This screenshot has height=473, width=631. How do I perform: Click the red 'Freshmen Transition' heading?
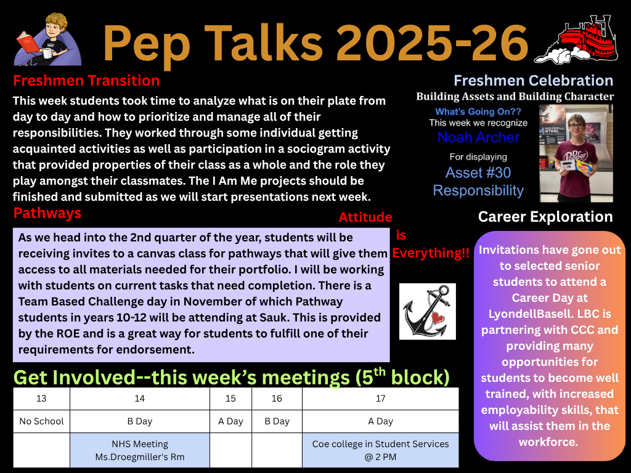pyautogui.click(x=86, y=81)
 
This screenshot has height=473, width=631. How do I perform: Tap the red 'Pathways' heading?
pyautogui.click(x=47, y=213)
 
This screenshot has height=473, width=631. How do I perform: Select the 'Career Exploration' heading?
pyautogui.click(x=545, y=217)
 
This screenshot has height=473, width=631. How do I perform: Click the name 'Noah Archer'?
pyautogui.click(x=478, y=137)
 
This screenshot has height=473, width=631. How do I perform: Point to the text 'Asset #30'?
pyautogui.click(x=478, y=172)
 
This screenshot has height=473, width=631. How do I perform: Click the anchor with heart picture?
pyautogui.click(x=428, y=311)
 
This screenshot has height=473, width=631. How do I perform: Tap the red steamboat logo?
pyautogui.click(x=576, y=39)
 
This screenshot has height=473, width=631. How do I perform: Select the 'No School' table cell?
pyautogui.click(x=41, y=421)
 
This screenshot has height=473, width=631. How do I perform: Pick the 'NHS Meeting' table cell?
pyautogui.click(x=140, y=450)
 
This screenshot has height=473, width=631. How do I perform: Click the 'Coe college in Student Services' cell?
pyautogui.click(x=380, y=450)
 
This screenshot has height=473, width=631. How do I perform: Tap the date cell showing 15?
pyautogui.click(x=230, y=398)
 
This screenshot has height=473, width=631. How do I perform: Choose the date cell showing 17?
pyautogui.click(x=380, y=398)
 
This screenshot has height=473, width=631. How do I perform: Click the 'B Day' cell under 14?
pyautogui.click(x=140, y=421)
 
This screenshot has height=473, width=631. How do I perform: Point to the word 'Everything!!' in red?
pyautogui.click(x=431, y=253)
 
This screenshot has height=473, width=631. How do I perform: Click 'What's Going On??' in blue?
pyautogui.click(x=478, y=112)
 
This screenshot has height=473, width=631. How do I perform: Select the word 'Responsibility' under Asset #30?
pyautogui.click(x=478, y=191)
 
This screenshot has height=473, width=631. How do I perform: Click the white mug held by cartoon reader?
pyautogui.click(x=47, y=53)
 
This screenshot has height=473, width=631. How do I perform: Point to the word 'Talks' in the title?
pyautogui.click(x=260, y=43)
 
